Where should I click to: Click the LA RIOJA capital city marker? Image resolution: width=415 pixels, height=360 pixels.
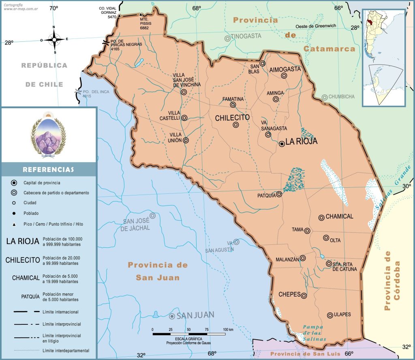pyautogui.click(x=282, y=144)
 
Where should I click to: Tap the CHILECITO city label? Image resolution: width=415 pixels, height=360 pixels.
pyautogui.click(x=232, y=118)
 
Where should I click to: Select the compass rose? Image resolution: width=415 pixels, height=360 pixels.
pyautogui.click(x=55, y=40)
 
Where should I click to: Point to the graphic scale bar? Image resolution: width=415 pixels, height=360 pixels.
pyautogui.click(x=189, y=333)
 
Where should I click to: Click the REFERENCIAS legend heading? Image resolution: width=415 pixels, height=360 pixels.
pyautogui.click(x=48, y=169)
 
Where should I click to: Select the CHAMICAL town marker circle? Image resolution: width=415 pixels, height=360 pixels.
pyautogui.click(x=321, y=218)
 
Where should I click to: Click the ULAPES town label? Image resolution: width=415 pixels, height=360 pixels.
pyautogui.click(x=342, y=315)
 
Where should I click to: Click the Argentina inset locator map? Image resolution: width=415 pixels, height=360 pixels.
pyautogui.click(x=383, y=58)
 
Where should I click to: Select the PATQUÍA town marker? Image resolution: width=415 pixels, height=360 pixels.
pyautogui.click(x=279, y=194)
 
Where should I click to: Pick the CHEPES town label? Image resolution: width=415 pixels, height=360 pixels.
pyautogui.click(x=289, y=294)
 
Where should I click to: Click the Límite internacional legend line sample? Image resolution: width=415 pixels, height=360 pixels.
pyautogui.click(x=27, y=312)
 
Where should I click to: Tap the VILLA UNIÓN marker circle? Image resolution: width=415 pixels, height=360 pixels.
pyautogui.click(x=186, y=140)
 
